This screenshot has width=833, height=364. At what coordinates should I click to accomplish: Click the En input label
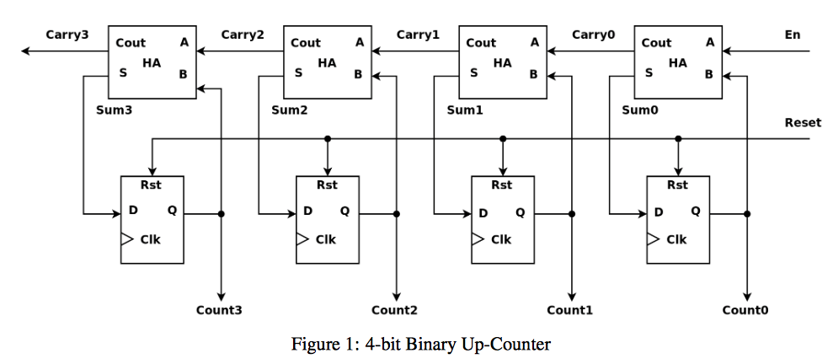click(792, 35)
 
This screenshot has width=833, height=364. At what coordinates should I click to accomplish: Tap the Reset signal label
click(802, 123)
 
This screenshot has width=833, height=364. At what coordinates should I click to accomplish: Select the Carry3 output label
click(67, 35)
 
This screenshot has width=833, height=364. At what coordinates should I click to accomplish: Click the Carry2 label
click(243, 35)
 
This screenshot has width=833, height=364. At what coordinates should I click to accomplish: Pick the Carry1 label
click(418, 35)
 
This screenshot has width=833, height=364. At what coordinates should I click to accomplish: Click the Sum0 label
click(639, 110)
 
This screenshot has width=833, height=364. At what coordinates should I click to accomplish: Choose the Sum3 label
click(115, 110)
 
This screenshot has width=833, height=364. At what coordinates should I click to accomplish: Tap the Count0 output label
click(745, 310)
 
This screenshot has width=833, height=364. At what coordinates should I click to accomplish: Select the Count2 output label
click(394, 310)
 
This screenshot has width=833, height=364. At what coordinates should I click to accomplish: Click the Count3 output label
click(219, 310)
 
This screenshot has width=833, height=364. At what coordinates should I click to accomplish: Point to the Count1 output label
click(569, 310)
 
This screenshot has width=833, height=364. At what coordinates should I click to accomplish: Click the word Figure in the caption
click(312, 344)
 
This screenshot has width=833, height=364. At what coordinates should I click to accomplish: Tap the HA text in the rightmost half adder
click(677, 62)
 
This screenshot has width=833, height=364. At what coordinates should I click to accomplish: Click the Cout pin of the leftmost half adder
click(131, 43)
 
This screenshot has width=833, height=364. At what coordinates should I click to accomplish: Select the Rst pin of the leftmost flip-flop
click(152, 185)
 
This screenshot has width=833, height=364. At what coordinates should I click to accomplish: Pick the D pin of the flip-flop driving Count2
click(308, 211)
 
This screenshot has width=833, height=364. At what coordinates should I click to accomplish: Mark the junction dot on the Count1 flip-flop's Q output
click(572, 214)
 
